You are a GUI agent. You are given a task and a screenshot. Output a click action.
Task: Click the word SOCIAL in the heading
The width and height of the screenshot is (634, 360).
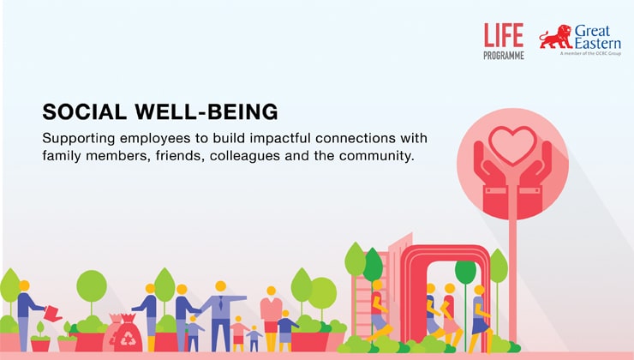click(85, 111)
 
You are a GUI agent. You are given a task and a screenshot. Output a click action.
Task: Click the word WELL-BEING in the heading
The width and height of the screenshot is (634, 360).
click(206, 111)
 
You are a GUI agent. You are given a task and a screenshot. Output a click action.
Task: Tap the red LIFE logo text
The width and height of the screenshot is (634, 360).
click(504, 35)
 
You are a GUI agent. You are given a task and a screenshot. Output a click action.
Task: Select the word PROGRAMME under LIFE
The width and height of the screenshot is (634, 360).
click(504, 56)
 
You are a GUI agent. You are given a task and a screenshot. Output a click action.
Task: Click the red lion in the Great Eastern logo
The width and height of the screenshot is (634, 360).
click(556, 37)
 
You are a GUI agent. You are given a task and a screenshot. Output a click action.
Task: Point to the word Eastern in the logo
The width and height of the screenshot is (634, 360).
click(598, 43)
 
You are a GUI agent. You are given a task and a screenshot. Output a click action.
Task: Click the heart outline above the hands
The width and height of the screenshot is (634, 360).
click(512, 145)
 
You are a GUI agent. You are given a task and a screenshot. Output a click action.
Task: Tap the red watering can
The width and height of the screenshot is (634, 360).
click(52, 313)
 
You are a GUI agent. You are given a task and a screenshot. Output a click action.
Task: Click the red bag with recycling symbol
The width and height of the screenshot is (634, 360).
click(128, 333)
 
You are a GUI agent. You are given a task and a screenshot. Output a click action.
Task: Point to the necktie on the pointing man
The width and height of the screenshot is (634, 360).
click(220, 303)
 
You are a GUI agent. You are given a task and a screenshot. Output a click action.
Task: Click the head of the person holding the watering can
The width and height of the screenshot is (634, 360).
click(24, 285)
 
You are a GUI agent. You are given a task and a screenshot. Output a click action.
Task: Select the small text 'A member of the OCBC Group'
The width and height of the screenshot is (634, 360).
click(591, 53)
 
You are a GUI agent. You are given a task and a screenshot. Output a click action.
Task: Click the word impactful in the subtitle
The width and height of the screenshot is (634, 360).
click(280, 138)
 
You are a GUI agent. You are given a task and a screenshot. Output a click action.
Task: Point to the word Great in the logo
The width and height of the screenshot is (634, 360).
click(592, 31)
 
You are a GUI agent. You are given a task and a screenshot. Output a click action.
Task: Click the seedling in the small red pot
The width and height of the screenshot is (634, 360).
click(40, 329)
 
